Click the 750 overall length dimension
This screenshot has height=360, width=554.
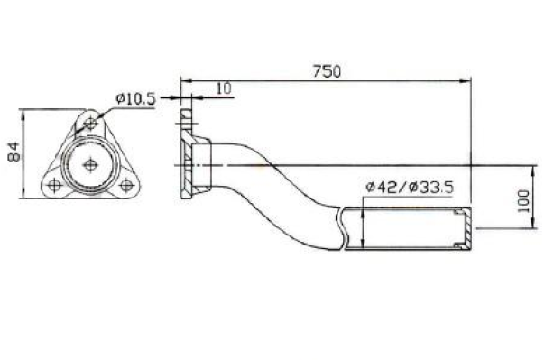[x=327, y=71]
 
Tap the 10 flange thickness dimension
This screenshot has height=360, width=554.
[x=224, y=88]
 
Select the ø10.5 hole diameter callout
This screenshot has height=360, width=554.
[x=135, y=99]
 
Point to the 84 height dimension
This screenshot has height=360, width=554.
[x=14, y=152]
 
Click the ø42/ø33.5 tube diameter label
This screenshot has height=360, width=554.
[x=410, y=188]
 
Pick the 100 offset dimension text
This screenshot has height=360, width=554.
[x=523, y=201]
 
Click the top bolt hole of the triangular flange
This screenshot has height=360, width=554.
[x=90, y=124]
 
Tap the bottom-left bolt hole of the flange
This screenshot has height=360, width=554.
[x=54, y=185]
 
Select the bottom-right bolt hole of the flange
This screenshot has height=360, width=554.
[x=126, y=185]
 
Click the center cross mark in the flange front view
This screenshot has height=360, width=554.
[x=90, y=164]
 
